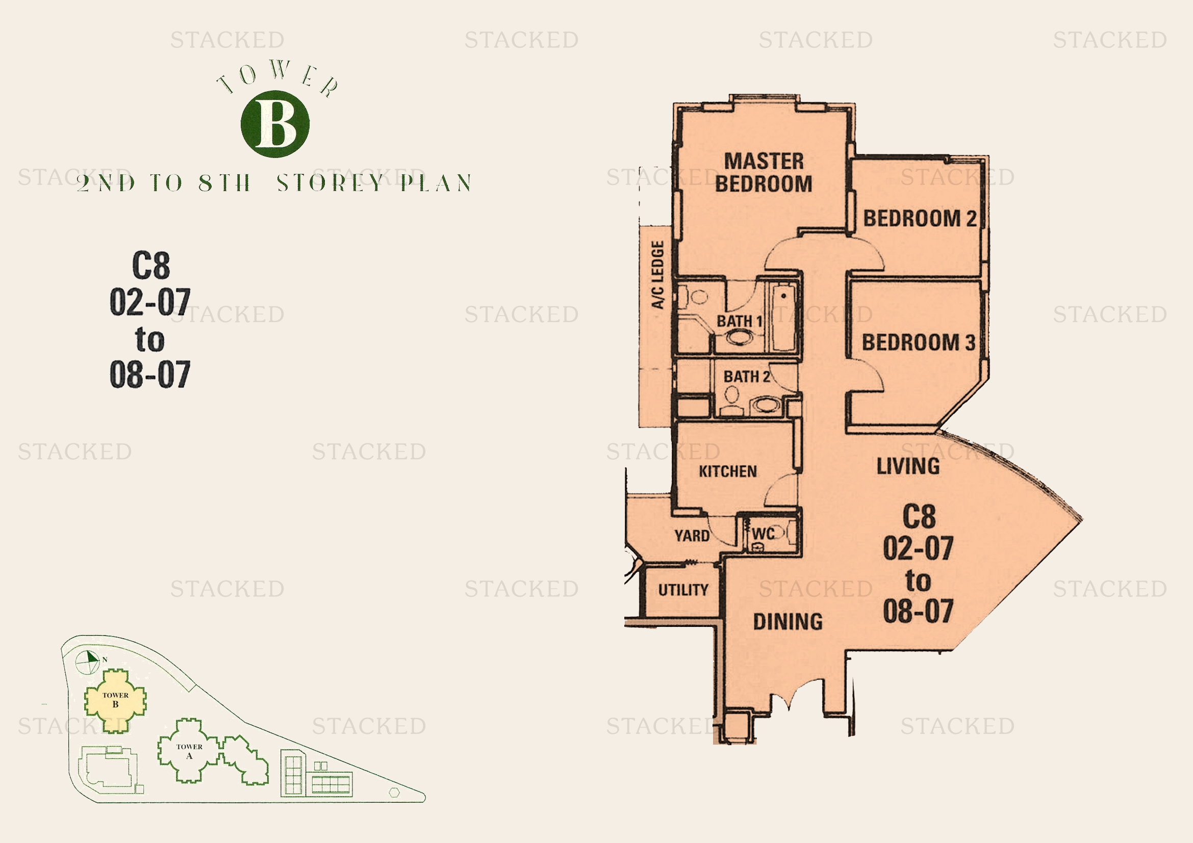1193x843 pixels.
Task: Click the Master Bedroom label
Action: (764, 172)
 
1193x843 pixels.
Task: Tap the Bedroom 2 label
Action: (920, 218)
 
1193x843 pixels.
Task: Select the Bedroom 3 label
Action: (919, 342)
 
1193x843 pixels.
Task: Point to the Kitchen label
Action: (727, 471)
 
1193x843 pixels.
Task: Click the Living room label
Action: (908, 466)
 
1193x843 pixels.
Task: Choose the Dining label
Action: (788, 621)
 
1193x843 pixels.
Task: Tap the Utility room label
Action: (683, 590)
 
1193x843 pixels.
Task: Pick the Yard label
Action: (692, 535)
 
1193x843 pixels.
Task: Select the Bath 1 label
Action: (740, 321)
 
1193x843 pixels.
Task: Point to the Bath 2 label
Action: (747, 376)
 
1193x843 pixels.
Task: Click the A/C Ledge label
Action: (658, 275)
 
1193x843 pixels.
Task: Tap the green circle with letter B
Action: (275, 124)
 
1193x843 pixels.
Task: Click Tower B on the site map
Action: (115, 700)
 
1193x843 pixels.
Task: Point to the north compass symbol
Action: (88, 662)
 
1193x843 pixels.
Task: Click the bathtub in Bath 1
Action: (782, 317)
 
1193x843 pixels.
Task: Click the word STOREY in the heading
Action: (330, 183)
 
